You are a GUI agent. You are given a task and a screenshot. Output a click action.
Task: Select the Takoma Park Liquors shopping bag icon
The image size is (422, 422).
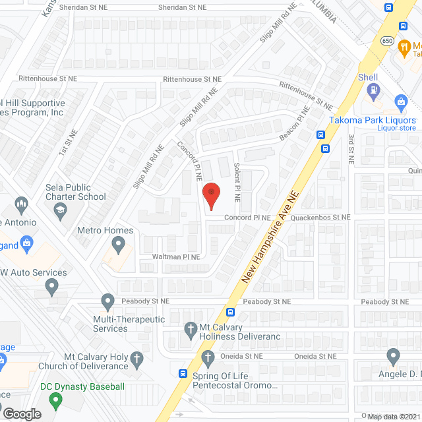[x=400, y=101]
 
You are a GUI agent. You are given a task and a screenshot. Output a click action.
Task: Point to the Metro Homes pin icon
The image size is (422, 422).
[x=119, y=246]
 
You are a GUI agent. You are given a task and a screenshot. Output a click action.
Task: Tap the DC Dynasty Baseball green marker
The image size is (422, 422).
[x=55, y=400]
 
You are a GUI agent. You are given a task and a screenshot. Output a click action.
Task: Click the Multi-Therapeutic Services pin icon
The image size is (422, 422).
[x=108, y=302]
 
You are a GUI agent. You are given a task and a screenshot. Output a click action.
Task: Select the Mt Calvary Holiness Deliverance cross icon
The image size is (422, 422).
[x=191, y=328]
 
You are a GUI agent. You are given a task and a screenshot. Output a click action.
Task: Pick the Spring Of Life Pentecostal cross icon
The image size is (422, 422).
[x=208, y=358]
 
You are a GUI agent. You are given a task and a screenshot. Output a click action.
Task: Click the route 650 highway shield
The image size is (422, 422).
[x=388, y=41]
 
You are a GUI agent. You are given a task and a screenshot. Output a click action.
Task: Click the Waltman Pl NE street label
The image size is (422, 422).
[x=175, y=256]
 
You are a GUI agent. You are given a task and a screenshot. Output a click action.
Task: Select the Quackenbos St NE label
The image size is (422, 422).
[x=312, y=217]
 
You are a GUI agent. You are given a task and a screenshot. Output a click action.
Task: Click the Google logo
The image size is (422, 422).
[x=22, y=413]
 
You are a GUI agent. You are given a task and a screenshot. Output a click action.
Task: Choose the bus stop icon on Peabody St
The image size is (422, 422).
[x=230, y=312]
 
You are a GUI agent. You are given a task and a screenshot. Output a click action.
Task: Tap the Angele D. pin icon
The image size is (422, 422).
[x=394, y=357]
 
